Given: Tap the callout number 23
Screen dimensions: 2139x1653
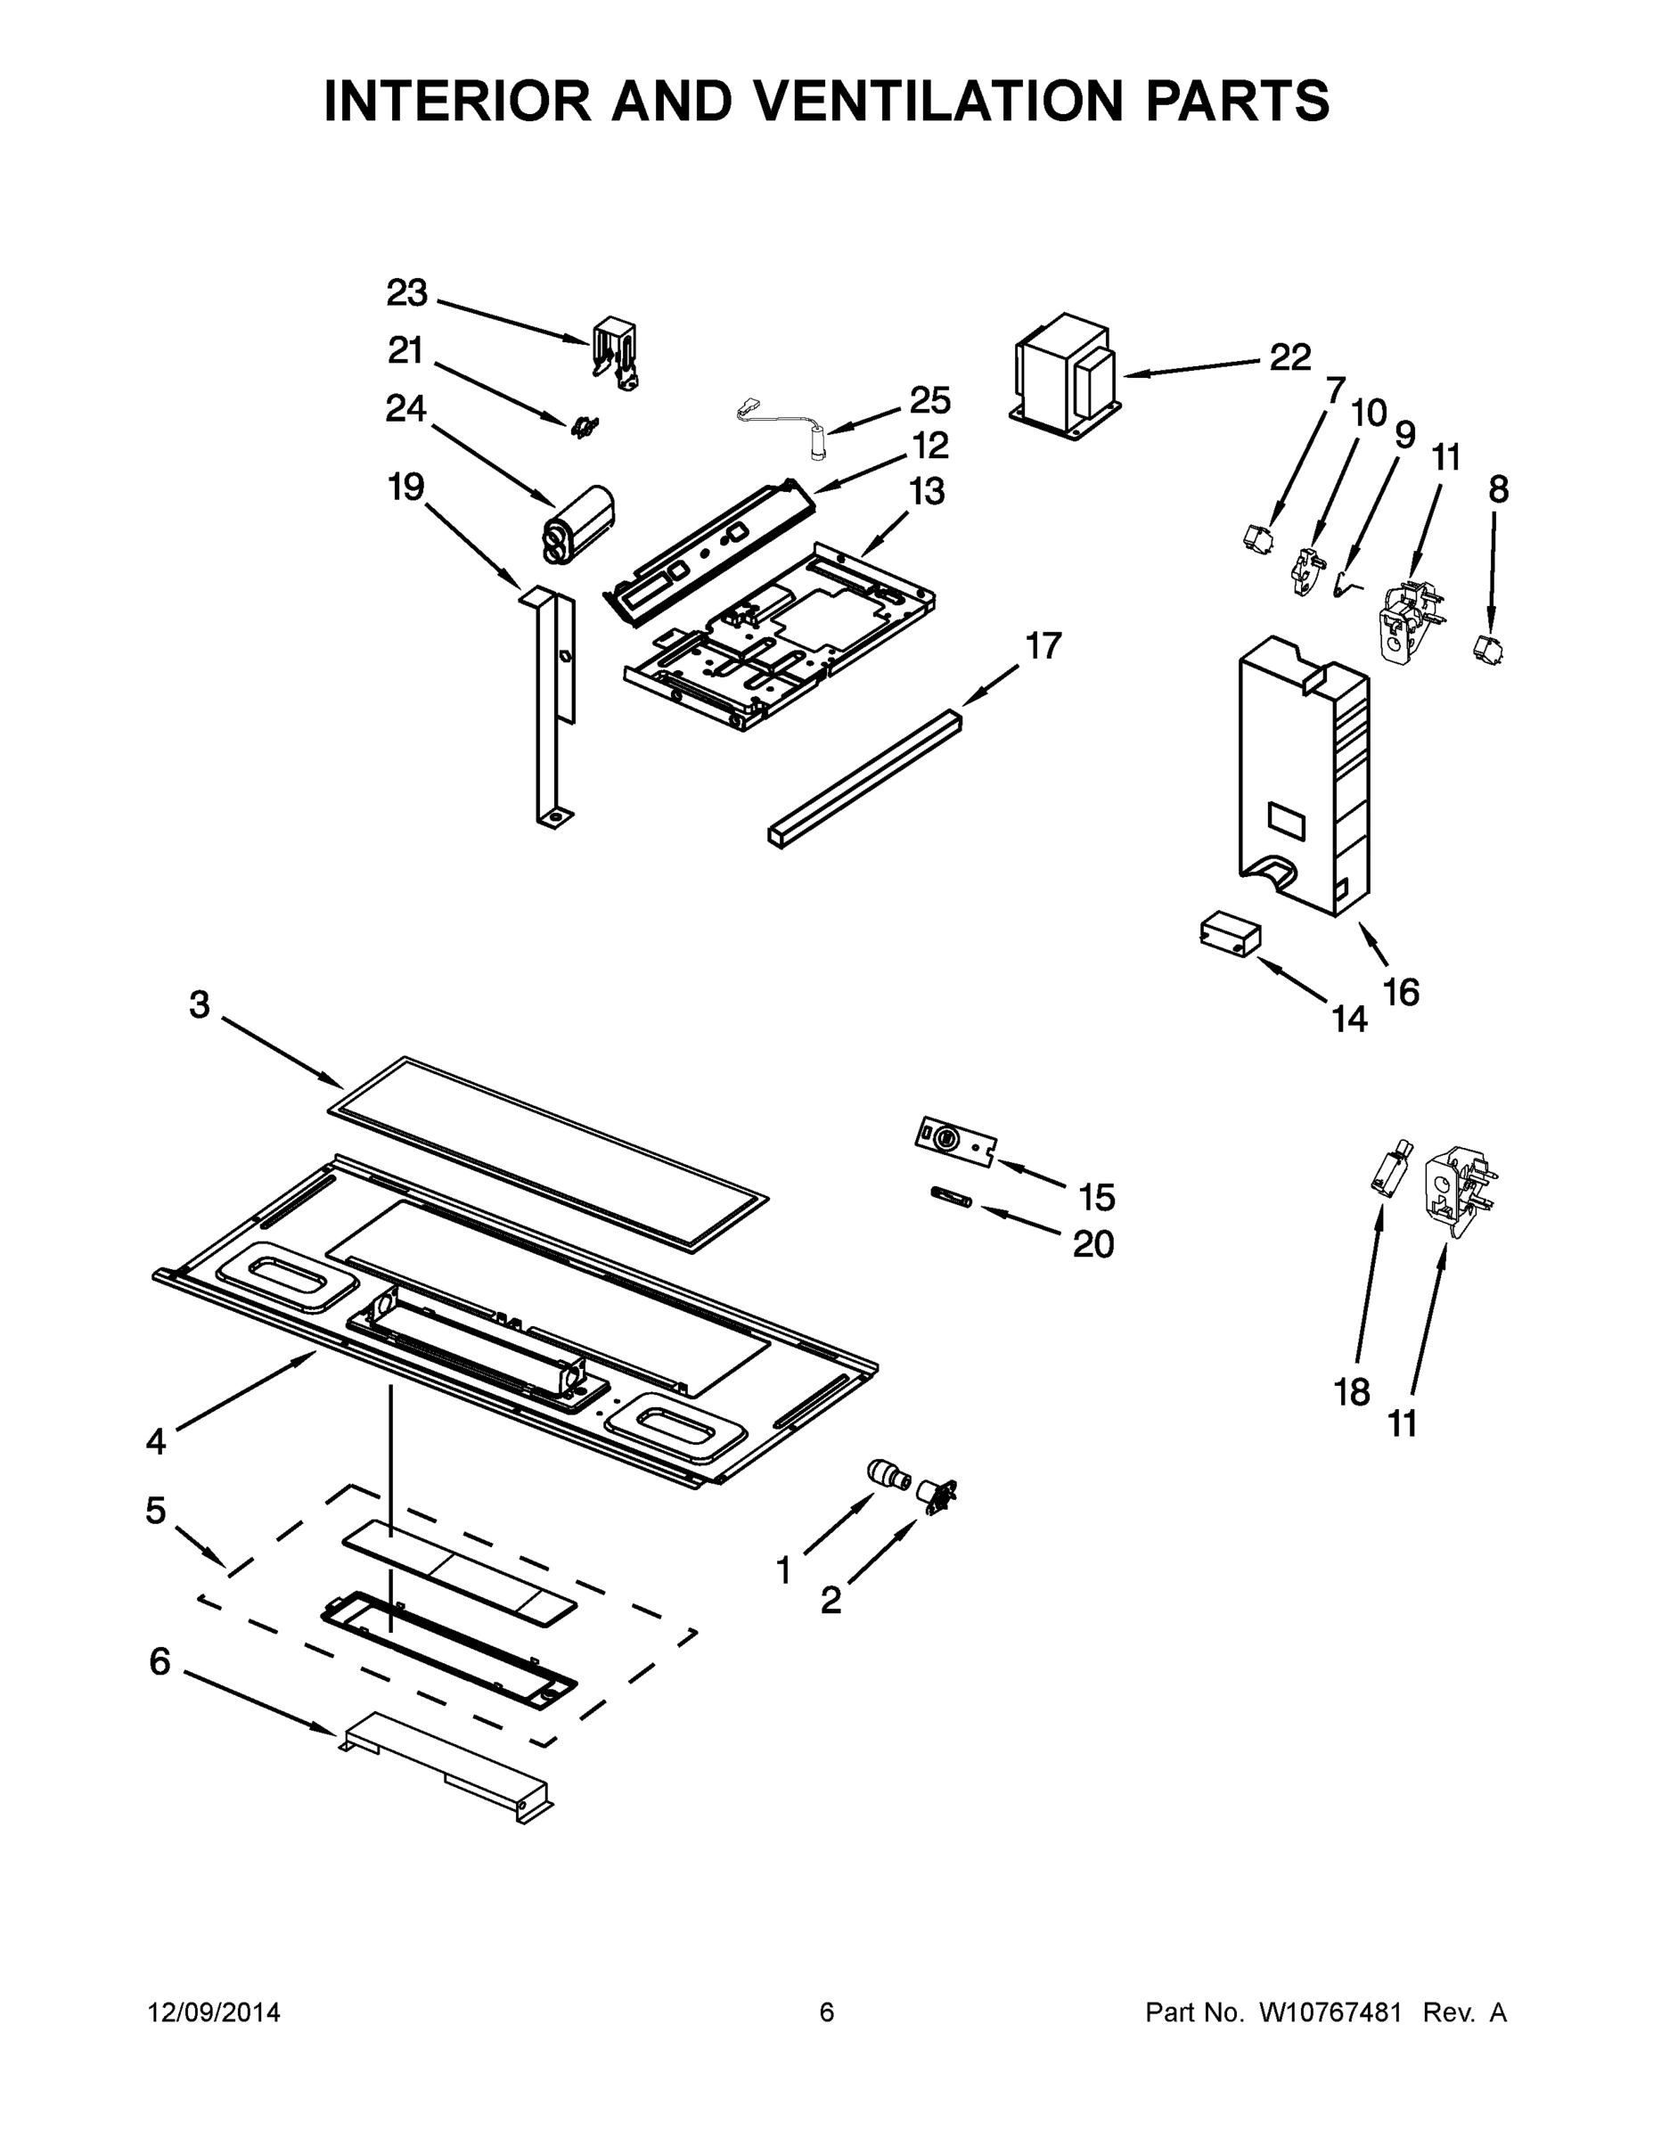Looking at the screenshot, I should [406, 293].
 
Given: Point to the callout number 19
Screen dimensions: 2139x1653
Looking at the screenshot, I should [405, 487].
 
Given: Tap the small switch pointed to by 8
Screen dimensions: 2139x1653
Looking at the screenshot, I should [1489, 647].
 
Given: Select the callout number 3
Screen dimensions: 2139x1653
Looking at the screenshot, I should [200, 1004].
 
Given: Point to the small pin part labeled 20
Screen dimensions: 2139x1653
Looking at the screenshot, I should [949, 1199].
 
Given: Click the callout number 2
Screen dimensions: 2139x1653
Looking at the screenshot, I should [831, 1601].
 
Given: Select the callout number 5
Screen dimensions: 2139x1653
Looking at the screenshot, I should [156, 1511].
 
